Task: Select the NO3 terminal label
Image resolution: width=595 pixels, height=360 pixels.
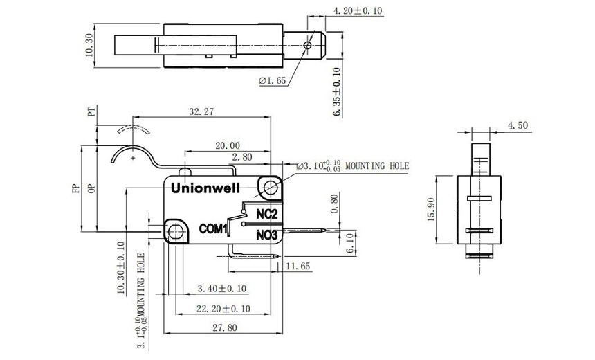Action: [266, 235]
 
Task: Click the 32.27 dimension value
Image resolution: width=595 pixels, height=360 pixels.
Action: [202, 111]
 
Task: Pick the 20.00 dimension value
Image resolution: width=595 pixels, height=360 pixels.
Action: [227, 145]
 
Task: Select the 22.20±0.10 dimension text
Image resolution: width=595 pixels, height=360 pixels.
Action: [222, 308]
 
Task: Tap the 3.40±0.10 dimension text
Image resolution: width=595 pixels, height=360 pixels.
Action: [222, 288]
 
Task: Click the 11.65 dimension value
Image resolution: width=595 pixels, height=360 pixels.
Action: [297, 265]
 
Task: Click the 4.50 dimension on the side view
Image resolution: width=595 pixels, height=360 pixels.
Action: [518, 125]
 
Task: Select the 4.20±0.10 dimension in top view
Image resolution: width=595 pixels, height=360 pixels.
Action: [358, 11]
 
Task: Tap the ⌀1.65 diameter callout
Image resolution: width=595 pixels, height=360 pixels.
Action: [273, 81]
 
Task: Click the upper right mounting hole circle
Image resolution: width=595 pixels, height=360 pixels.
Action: [270, 187]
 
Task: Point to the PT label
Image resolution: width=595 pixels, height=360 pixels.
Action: [91, 112]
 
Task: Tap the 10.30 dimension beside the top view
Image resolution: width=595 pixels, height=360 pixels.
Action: [89, 46]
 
